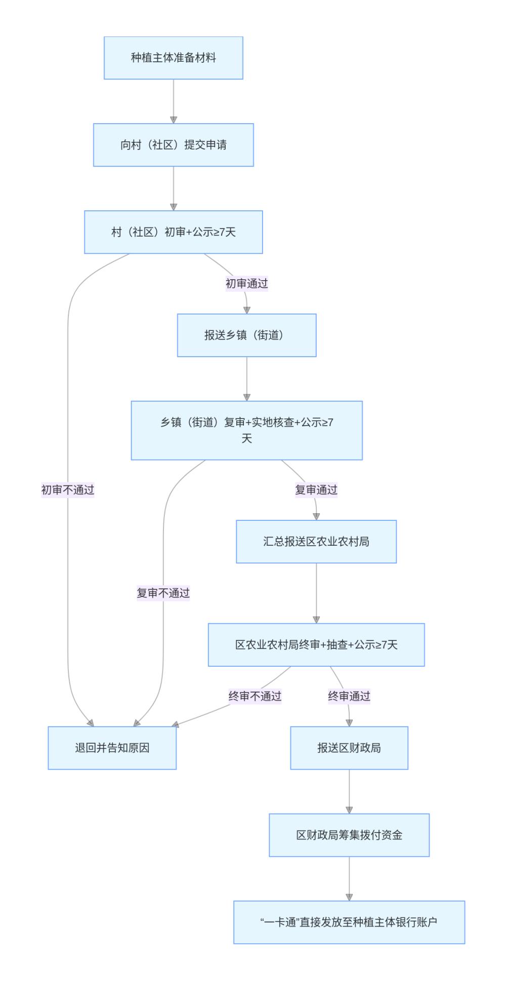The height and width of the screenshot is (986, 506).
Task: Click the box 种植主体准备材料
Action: pyautogui.click(x=174, y=58)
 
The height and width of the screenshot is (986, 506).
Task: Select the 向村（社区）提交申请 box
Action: pyautogui.click(x=174, y=145)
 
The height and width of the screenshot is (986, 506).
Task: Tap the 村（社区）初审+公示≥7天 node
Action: pyautogui.click(x=174, y=232)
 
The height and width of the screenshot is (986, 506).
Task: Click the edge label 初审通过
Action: pyautogui.click(x=246, y=283)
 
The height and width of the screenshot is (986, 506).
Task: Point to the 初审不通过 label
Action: pyautogui.click(x=68, y=490)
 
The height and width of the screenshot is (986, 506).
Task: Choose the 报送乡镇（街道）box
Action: pyautogui.click(x=246, y=335)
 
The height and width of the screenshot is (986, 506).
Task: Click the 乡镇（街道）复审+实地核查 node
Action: pyautogui.click(x=246, y=430)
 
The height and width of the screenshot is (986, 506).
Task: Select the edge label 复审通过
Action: pyautogui.click(x=316, y=490)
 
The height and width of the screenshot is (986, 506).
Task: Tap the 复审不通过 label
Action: pyautogui.click(x=163, y=593)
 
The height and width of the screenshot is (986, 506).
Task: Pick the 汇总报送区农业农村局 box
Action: pyautogui.click(x=316, y=542)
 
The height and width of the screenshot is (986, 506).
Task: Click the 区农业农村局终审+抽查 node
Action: pyautogui.click(x=316, y=644)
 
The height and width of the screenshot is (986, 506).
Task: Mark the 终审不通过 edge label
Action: pyautogui.click(x=255, y=696)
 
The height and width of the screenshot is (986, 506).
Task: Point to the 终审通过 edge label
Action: pyautogui.click(x=349, y=696)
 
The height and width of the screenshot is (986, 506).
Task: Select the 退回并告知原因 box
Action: pyautogui.click(x=112, y=748)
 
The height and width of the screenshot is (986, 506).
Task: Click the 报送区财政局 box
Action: pyautogui.click(x=349, y=748)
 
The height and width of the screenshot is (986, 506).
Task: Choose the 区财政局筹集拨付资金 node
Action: pyautogui.click(x=349, y=835)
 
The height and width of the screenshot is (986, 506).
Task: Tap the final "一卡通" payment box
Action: pyautogui.click(x=349, y=922)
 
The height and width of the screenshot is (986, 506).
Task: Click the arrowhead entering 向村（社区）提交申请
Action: pyautogui.click(x=174, y=120)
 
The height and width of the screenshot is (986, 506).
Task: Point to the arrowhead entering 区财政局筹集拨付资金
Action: pyautogui.click(x=349, y=810)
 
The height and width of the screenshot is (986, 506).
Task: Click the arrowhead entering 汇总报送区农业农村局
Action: pyautogui.click(x=316, y=517)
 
